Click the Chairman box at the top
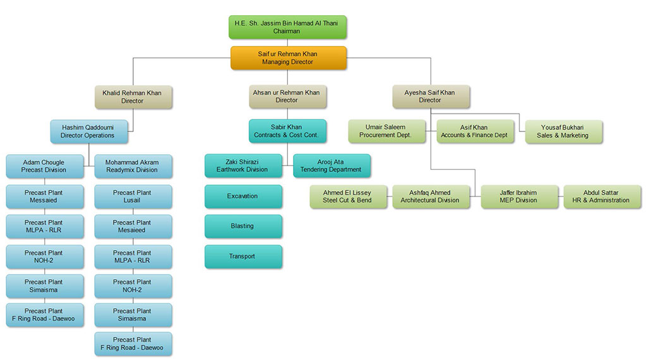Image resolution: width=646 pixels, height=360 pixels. (x=287, y=27)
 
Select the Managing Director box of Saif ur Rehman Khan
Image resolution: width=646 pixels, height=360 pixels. (x=287, y=58)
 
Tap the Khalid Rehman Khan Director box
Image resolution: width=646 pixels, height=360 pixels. (x=132, y=97)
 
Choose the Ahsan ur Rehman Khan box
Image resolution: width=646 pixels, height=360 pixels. (x=286, y=96)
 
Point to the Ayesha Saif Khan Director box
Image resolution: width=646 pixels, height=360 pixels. (x=429, y=96)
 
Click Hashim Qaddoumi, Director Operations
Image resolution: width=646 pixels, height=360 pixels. (x=88, y=131)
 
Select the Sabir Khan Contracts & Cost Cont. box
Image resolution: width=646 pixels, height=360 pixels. (x=287, y=131)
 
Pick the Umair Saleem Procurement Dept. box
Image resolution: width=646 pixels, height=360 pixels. (x=385, y=131)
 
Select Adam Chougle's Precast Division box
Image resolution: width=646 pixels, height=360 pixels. (x=44, y=166)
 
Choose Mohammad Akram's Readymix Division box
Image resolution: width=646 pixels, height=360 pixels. (x=132, y=166)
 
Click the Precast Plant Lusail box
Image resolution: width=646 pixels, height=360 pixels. (x=132, y=196)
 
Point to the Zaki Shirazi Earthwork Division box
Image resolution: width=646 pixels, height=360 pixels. (x=242, y=165)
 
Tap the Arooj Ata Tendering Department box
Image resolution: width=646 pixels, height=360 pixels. (x=332, y=165)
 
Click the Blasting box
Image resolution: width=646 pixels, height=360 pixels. (x=242, y=226)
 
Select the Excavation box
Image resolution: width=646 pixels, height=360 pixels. (x=242, y=196)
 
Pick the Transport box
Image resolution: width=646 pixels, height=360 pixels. (x=242, y=256)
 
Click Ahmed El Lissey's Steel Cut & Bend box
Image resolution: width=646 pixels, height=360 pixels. (x=347, y=196)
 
